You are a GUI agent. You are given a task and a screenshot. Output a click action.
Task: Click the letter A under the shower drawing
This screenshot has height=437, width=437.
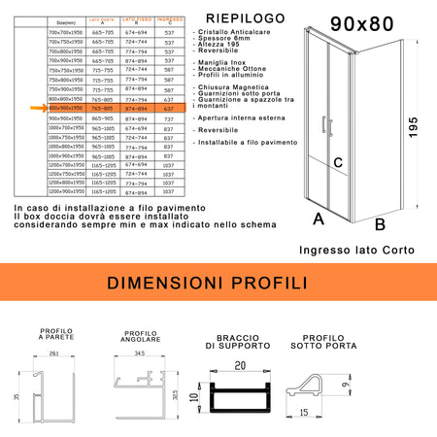(x=318, y=219)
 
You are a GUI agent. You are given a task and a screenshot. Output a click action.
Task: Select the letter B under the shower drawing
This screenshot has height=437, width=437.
(x=381, y=224)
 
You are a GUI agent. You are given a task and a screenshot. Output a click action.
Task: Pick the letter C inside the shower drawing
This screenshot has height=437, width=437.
(x=338, y=163)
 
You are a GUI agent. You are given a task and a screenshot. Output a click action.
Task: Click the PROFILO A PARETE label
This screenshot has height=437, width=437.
(x=55, y=336)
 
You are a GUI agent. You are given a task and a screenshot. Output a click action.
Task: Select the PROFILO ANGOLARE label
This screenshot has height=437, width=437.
(x=142, y=335)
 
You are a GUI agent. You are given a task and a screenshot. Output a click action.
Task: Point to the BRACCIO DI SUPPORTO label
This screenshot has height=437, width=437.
(x=234, y=346)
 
